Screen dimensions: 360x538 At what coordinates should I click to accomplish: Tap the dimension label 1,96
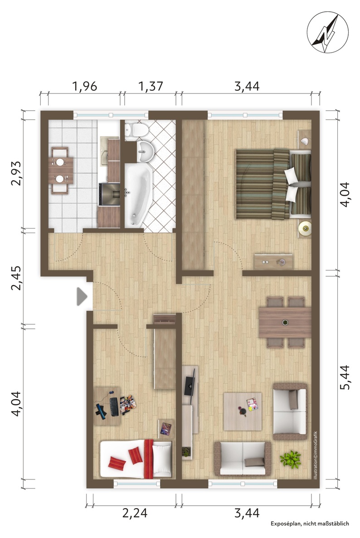(x=84, y=86)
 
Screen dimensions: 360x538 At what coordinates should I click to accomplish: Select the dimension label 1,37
(x=150, y=86)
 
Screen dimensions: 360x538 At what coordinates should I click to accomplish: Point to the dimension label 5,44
(x=344, y=377)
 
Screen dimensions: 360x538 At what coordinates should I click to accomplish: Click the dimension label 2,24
(x=135, y=513)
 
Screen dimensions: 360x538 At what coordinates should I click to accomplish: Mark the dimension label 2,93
(x=16, y=173)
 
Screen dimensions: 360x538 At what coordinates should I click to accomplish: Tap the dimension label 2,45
(x=16, y=278)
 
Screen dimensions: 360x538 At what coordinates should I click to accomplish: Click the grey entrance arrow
(x=82, y=297)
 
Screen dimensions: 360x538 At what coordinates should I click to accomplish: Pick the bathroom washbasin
(x=146, y=152)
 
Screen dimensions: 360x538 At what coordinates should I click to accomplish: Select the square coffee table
(x=243, y=411)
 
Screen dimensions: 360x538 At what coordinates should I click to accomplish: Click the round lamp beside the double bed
(x=304, y=228)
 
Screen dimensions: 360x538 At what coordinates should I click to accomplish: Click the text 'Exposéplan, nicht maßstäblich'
(x=310, y=523)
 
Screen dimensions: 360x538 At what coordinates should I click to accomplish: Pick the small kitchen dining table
(x=61, y=170)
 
